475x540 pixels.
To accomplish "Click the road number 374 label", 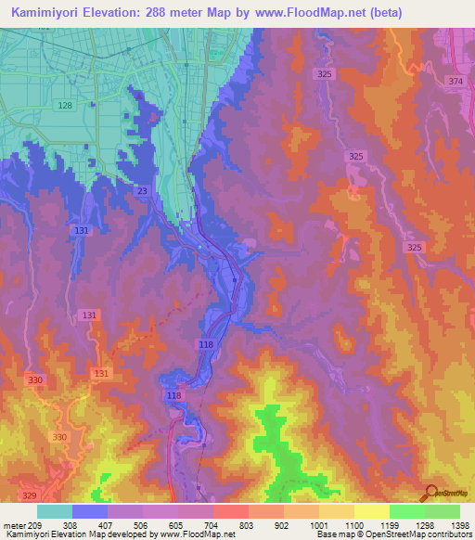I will tap(455, 82).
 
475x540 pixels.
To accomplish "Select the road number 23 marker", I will tap(142, 190).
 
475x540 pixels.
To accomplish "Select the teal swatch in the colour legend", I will tap(55, 511).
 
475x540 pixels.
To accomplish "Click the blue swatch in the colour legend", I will tap(90, 511).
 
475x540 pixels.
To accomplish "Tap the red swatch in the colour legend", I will tap(231, 511).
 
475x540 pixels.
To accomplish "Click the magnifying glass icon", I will tap(428, 494).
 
